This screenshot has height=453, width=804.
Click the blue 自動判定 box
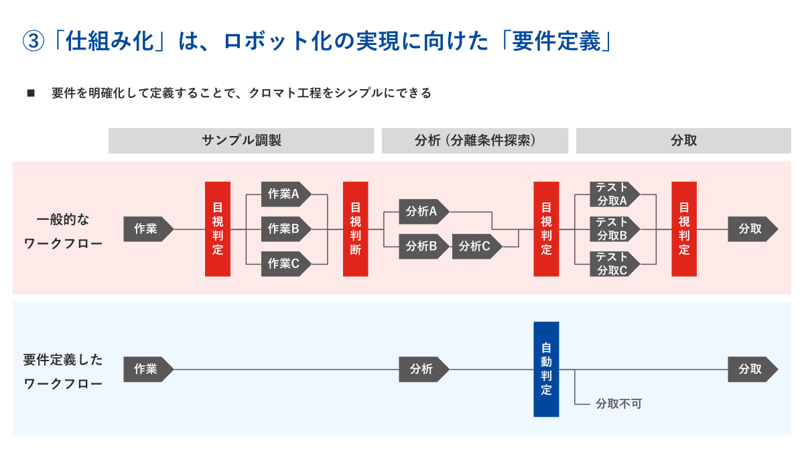[546, 369]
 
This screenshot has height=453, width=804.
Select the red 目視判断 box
[356, 229]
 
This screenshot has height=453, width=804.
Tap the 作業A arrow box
[285, 194]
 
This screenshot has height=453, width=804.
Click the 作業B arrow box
[285, 229]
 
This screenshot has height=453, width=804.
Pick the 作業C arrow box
[285, 264]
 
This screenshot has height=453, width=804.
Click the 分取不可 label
[618, 405]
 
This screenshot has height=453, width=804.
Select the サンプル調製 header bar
[241, 141]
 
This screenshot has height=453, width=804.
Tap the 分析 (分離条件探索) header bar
[474, 141]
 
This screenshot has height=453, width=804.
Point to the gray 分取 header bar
[683, 141]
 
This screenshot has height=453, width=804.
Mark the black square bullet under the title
[31, 93]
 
